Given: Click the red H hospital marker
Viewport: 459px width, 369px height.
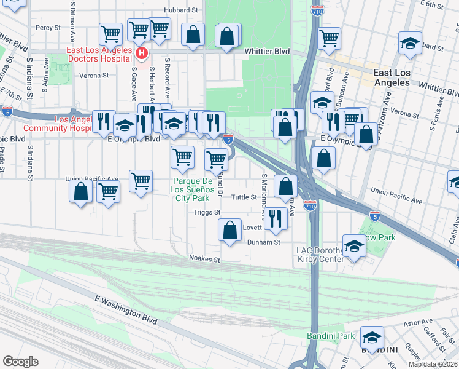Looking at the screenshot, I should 142,54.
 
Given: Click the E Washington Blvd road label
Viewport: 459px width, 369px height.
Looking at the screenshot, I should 126,309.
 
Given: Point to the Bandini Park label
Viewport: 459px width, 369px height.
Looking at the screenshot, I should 331,336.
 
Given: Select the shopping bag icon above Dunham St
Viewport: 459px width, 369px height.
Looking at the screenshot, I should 229,231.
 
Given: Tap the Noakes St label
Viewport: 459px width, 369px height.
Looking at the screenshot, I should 204,260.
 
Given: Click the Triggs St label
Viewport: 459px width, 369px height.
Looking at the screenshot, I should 207,212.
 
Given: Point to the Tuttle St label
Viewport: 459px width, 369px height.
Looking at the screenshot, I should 244,197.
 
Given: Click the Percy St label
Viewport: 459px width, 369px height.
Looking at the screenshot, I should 48,28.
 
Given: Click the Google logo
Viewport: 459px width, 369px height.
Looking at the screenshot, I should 20,362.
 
